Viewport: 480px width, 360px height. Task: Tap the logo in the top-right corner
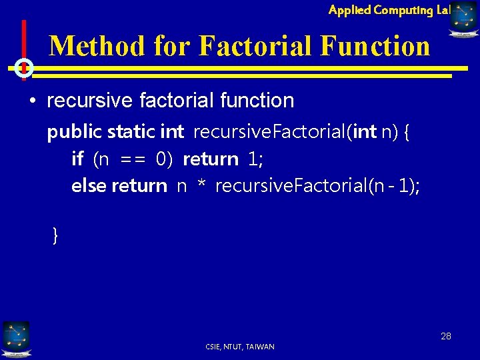point(464,17)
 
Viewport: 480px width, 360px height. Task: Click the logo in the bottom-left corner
point(16,337)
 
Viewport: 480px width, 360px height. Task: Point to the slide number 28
point(445,336)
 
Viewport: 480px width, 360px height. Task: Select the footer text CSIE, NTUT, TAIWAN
point(240,347)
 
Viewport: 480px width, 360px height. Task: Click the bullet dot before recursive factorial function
point(32,101)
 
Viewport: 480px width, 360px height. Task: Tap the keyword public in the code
point(75,133)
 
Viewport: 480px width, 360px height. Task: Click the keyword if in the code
point(77,159)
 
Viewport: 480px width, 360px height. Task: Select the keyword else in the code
point(89,185)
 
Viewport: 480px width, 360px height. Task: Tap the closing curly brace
point(55,235)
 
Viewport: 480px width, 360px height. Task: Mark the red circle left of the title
point(24,67)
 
